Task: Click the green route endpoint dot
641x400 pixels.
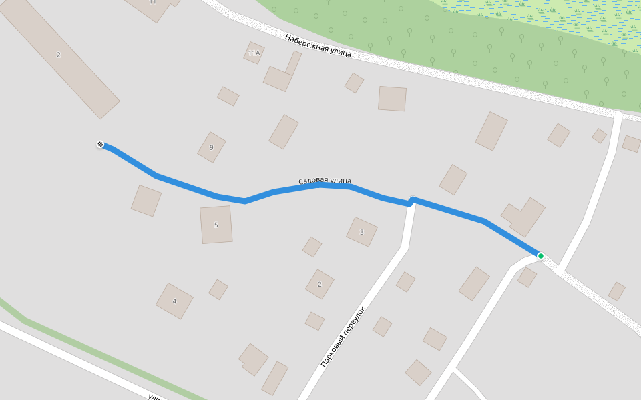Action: (x=540, y=256)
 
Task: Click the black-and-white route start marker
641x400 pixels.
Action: (x=100, y=144)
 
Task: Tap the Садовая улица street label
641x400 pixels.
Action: (x=325, y=181)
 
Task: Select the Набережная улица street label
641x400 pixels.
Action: (x=318, y=45)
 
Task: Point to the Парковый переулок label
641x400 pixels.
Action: (x=344, y=337)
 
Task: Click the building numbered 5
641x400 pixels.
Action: (x=216, y=225)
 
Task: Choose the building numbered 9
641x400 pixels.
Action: (x=211, y=147)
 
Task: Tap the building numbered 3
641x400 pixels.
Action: (x=362, y=232)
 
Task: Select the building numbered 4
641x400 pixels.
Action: (x=174, y=301)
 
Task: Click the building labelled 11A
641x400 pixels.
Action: (x=254, y=53)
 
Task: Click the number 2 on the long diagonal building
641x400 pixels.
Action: (x=58, y=55)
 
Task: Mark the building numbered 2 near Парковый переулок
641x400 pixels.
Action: (x=319, y=284)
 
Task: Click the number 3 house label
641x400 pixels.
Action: (x=362, y=232)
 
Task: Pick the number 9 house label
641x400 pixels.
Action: (x=211, y=147)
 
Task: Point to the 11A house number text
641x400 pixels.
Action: (x=254, y=53)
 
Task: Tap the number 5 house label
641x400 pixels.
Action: (x=216, y=225)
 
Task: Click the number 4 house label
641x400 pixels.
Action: (x=174, y=301)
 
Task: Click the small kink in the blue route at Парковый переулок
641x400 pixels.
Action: (x=411, y=201)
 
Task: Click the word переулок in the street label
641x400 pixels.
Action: (x=355, y=319)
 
